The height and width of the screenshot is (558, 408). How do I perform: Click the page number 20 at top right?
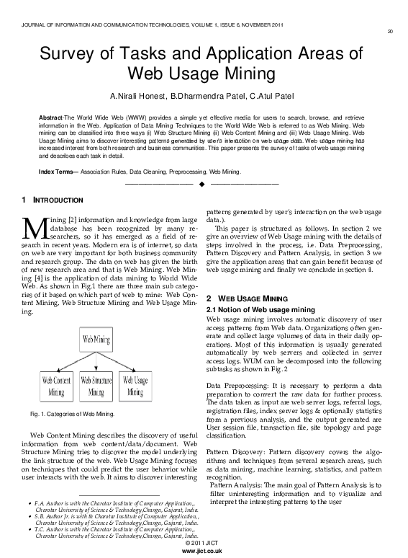coord(389,31)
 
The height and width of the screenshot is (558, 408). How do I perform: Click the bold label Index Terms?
coord(57,172)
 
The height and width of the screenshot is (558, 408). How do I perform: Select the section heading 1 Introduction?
coord(53,199)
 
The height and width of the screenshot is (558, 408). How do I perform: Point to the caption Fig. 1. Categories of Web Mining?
coord(72,414)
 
